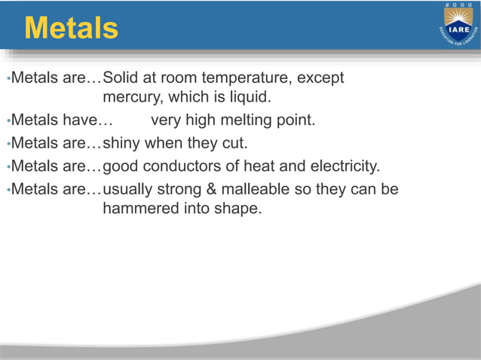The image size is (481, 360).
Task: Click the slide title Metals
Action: click(x=71, y=28)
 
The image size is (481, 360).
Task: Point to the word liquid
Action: click(x=245, y=97)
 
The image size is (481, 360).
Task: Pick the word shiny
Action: click(x=121, y=143)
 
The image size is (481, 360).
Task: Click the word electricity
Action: click(x=342, y=165)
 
